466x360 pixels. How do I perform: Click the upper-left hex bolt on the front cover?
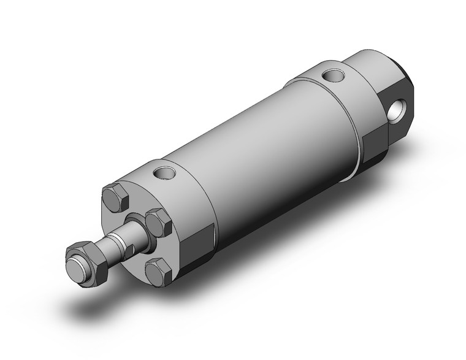coord(115,197)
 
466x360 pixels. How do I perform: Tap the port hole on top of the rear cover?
coord(332,76)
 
